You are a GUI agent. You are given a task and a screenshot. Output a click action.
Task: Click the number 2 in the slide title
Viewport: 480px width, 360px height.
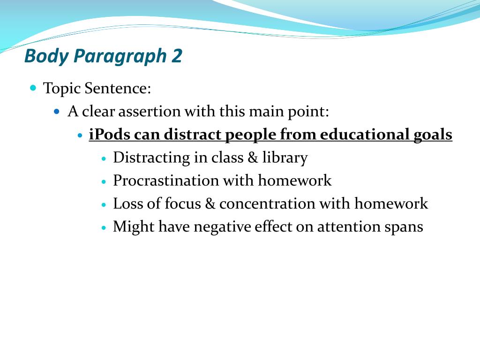click(177, 56)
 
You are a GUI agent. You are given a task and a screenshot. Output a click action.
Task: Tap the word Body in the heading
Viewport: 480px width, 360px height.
click(46, 57)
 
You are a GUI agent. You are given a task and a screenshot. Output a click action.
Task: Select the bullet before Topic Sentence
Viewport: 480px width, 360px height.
click(33, 88)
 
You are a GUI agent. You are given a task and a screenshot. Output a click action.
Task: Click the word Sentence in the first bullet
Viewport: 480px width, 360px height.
click(118, 88)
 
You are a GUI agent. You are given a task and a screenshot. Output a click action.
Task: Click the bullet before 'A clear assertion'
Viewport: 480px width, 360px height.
click(57, 112)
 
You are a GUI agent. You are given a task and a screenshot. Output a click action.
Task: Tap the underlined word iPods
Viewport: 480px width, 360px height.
click(109, 135)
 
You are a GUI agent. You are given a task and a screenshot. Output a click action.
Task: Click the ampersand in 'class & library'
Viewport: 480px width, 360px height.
click(253, 157)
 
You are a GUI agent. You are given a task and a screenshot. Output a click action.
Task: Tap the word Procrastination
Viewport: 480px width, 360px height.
click(165, 180)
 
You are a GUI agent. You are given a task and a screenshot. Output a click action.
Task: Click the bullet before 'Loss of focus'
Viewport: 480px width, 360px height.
click(104, 204)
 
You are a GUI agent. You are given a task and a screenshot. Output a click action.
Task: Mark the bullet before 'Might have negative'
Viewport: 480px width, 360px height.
click(104, 228)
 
